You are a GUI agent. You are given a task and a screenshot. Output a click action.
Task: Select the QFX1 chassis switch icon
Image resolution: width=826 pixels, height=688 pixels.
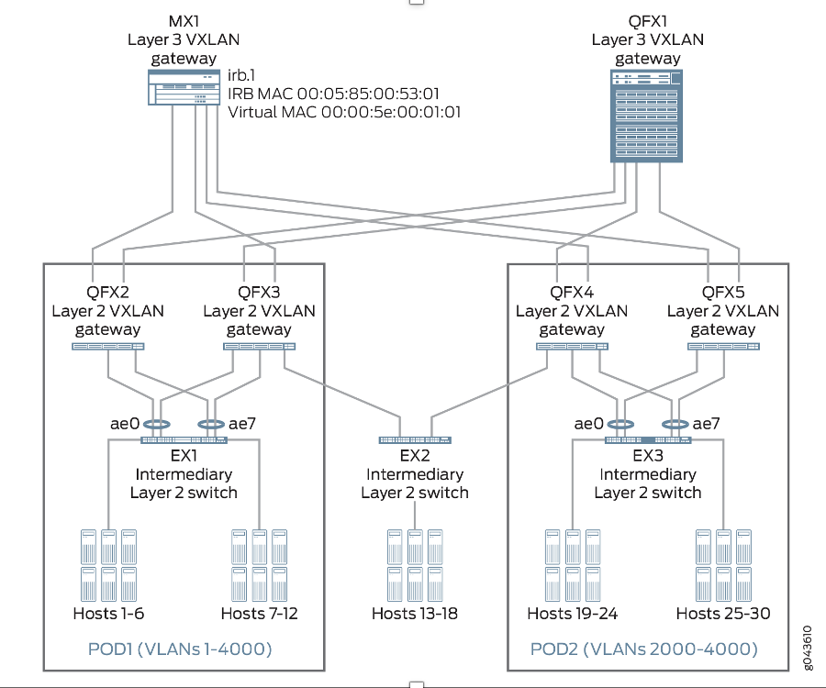(647, 117)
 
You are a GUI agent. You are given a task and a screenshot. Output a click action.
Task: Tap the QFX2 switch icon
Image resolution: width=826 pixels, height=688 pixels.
(108, 347)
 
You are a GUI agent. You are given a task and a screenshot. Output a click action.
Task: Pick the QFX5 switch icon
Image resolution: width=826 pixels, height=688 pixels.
(723, 347)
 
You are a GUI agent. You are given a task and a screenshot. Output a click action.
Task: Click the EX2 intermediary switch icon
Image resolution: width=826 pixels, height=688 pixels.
(415, 440)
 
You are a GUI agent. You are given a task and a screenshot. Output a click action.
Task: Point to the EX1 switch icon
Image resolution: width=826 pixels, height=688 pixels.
(184, 440)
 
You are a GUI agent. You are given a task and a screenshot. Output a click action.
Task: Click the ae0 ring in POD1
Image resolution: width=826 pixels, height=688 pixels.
(157, 425)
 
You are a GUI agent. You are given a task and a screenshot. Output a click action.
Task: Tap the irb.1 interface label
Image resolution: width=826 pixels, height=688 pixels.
(243, 76)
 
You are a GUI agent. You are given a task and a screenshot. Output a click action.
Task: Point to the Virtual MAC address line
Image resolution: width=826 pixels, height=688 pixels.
(343, 112)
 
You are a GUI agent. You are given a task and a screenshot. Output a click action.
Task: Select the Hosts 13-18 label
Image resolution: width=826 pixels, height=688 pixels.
(414, 614)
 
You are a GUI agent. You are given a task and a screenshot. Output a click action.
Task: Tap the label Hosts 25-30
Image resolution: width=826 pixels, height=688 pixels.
(723, 614)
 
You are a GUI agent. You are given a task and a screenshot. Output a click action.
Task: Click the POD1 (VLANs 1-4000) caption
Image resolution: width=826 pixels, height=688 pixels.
(180, 649)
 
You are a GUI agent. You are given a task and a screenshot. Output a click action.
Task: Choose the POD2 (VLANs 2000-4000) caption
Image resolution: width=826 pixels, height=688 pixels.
(643, 649)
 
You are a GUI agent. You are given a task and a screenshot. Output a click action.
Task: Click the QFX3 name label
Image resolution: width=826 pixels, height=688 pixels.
(259, 293)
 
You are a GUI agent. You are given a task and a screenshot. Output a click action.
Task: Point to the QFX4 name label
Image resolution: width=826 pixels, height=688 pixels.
(572, 293)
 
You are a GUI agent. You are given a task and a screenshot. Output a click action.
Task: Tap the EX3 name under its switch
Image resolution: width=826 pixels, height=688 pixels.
(648, 456)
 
